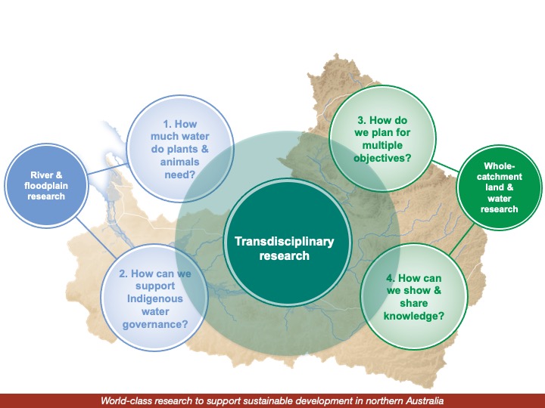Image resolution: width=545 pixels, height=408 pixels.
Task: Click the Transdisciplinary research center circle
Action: (x=283, y=248)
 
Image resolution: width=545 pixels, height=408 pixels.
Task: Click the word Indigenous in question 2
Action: (x=154, y=298)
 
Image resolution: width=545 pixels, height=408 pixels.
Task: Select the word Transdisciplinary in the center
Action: (x=283, y=241)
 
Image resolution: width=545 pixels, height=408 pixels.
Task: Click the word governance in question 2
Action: (x=154, y=325)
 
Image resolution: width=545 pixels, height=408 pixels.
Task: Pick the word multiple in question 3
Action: (x=381, y=145)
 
